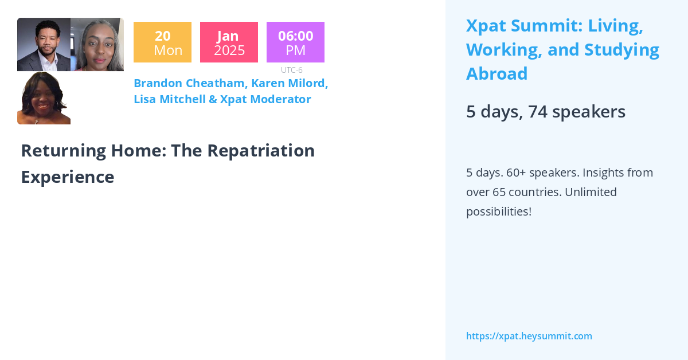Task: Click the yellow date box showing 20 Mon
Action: pyautogui.click(x=162, y=42)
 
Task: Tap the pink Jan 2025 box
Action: pyautogui.click(x=229, y=42)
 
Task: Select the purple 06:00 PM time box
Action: pyautogui.click(x=295, y=42)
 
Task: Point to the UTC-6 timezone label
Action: pyautogui.click(x=292, y=70)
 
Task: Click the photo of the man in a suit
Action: pyautogui.click(x=44, y=45)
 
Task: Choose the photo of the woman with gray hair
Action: pyautogui.click(x=97, y=45)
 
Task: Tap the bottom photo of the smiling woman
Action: pyautogui.click(x=44, y=98)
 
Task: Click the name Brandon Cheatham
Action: pyautogui.click(x=189, y=83)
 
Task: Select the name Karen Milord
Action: pyautogui.click(x=290, y=83)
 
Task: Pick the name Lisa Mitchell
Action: pyautogui.click(x=169, y=99)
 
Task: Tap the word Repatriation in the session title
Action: pyautogui.click(x=261, y=150)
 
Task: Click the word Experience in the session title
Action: pyautogui.click(x=68, y=177)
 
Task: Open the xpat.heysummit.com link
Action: pyautogui.click(x=529, y=336)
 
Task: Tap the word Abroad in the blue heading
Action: pyautogui.click(x=497, y=74)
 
